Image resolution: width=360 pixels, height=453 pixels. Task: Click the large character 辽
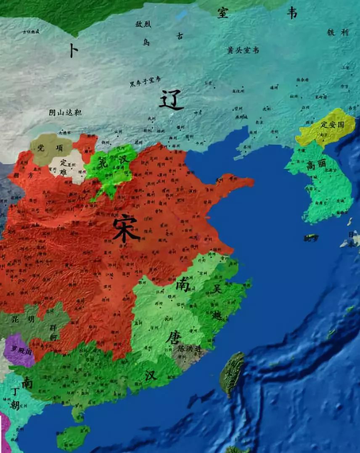tap(171, 101)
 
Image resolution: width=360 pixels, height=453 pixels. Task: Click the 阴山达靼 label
tap(65, 112)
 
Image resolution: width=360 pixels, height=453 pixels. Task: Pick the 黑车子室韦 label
tap(145, 81)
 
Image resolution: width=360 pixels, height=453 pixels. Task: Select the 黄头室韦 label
tap(243, 51)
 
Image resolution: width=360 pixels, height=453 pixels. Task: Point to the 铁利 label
tap(338, 32)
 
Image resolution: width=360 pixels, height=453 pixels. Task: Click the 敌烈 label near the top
tap(143, 24)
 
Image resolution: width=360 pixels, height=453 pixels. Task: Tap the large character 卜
tap(73, 51)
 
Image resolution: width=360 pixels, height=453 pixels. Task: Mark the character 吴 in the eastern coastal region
tap(217, 289)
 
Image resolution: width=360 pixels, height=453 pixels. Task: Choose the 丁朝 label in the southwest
tap(15, 398)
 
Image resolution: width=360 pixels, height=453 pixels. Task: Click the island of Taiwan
tap(232, 373)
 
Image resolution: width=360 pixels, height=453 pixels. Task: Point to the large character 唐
tap(172, 337)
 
